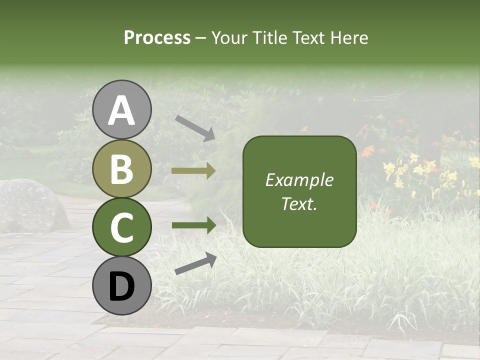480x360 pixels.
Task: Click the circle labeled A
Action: click(x=122, y=110)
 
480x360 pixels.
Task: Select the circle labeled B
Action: click(x=122, y=168)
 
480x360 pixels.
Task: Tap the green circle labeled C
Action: click(x=122, y=227)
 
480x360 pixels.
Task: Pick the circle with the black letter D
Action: click(x=122, y=285)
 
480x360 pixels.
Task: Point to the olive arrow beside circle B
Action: click(x=193, y=171)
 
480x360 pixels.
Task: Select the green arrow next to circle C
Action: click(x=193, y=225)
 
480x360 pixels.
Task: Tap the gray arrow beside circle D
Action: click(x=195, y=263)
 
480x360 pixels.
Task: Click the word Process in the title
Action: click(x=157, y=37)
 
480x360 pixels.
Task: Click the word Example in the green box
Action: click(x=299, y=180)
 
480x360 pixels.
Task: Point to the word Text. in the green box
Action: click(x=299, y=203)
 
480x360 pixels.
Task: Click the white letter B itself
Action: click(x=122, y=168)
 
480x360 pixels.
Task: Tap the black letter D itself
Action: click(x=122, y=286)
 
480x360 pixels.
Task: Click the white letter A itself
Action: click(x=122, y=110)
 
